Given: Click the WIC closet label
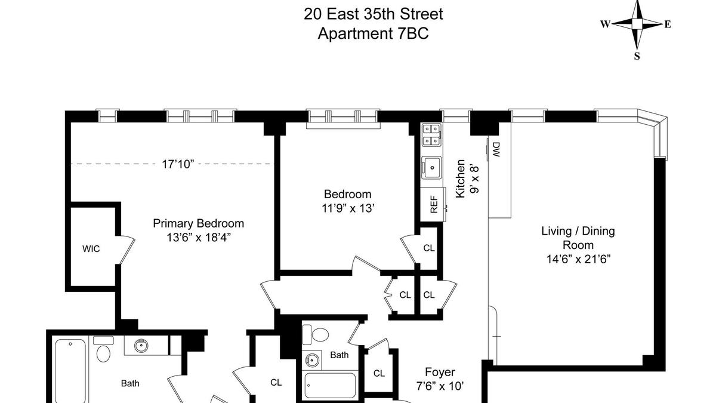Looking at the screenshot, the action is (91, 249).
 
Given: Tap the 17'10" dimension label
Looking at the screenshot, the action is (178, 164).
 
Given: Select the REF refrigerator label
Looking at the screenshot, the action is (433, 204).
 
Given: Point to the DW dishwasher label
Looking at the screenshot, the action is (496, 150).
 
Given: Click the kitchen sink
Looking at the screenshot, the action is (431, 168).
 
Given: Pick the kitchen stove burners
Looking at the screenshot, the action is (431, 135).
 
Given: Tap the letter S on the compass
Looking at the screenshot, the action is (637, 56).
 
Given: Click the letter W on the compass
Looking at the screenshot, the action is (605, 24).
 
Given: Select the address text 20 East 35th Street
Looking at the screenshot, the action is (373, 14).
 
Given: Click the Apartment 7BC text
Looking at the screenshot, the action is (373, 33).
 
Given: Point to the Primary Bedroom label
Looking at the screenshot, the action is (198, 223).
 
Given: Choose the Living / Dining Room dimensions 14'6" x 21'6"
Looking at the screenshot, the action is (578, 259).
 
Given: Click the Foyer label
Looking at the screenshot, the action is (440, 372).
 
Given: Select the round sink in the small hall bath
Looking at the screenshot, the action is (312, 361).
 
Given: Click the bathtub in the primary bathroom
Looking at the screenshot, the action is (70, 371).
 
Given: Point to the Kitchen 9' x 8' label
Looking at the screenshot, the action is (467, 179).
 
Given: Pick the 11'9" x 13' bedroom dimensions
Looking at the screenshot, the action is (348, 208).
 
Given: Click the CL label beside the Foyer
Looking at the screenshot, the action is (379, 373).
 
